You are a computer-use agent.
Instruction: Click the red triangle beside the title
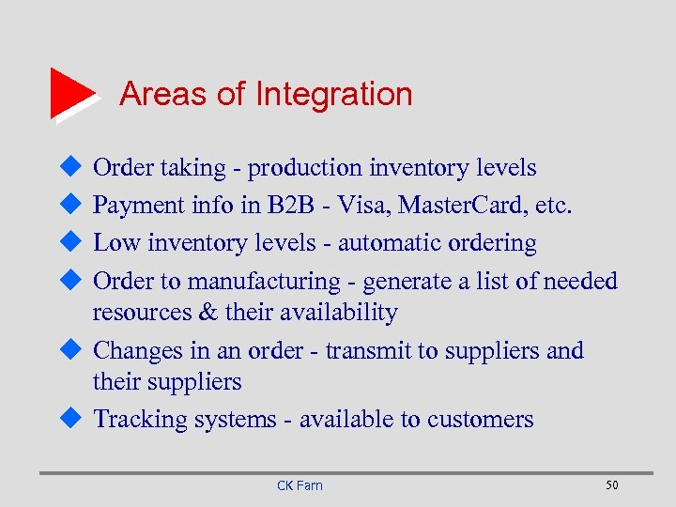point(71,93)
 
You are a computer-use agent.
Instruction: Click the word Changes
point(139,350)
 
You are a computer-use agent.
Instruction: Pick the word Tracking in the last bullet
point(140,419)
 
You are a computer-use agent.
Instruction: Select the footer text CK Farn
point(300,485)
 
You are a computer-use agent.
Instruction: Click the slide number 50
point(612,484)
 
